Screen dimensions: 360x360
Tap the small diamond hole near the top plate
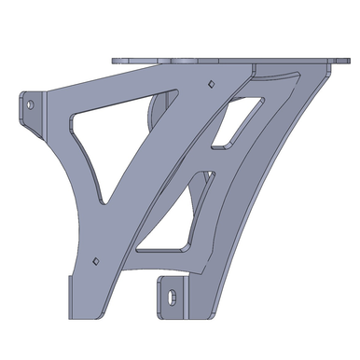point(212,83)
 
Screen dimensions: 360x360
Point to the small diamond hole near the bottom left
point(95,258)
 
